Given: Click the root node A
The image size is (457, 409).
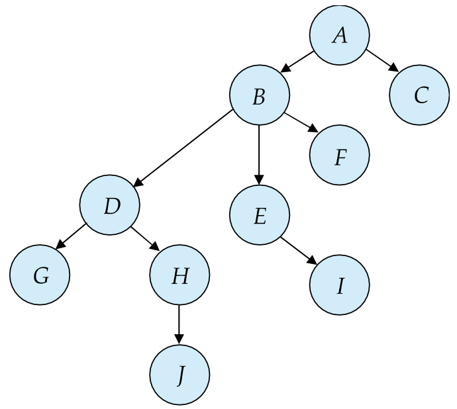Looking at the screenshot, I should coord(339,35).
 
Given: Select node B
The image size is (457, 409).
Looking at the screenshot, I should coord(259,95).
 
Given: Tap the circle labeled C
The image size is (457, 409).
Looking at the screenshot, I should coord(419,95).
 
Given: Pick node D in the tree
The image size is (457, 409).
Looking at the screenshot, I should coord(110,205).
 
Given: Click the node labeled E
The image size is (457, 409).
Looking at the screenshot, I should coord(259,215).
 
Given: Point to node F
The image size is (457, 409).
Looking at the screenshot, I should coord(339,156).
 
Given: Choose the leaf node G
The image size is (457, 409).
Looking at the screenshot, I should coord(40,275).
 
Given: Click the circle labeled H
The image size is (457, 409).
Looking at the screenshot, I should coord(179,275).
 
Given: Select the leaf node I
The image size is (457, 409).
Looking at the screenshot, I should coord(339,285).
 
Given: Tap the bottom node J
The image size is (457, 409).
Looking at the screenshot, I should coord(179,375).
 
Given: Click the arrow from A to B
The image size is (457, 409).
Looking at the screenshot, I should coord(299,60).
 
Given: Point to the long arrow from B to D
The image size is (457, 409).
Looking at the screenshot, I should coord(185,149).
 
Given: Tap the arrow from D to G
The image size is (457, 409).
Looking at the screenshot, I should coord(72,236).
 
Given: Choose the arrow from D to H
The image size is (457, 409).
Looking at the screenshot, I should coord(145,238).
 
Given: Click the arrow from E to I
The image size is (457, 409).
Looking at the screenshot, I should coord(297,250).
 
